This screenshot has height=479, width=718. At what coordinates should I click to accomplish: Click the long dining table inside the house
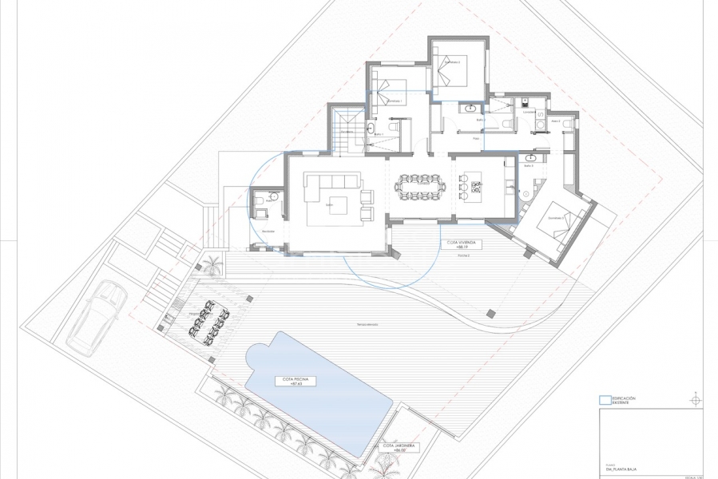419,189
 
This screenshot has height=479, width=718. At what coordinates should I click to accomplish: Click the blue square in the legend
603,400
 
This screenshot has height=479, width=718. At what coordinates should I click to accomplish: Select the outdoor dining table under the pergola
204,319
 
